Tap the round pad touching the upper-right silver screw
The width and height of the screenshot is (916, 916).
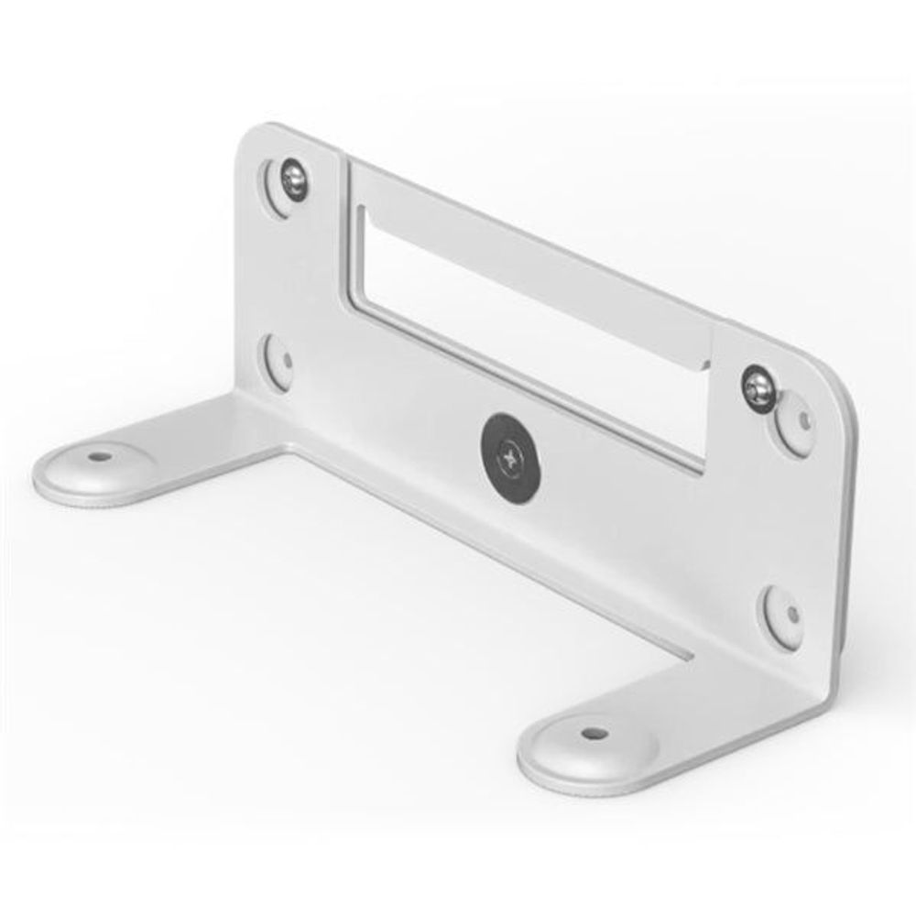pyautogui.click(x=799, y=423)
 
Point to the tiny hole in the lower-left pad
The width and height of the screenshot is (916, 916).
pyautogui.click(x=286, y=361)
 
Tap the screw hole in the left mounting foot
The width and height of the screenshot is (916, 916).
pyautogui.click(x=97, y=455)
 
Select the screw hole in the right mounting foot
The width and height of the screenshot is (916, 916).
pyautogui.click(x=593, y=735)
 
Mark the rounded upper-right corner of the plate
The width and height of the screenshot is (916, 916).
pyautogui.click(x=838, y=376)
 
